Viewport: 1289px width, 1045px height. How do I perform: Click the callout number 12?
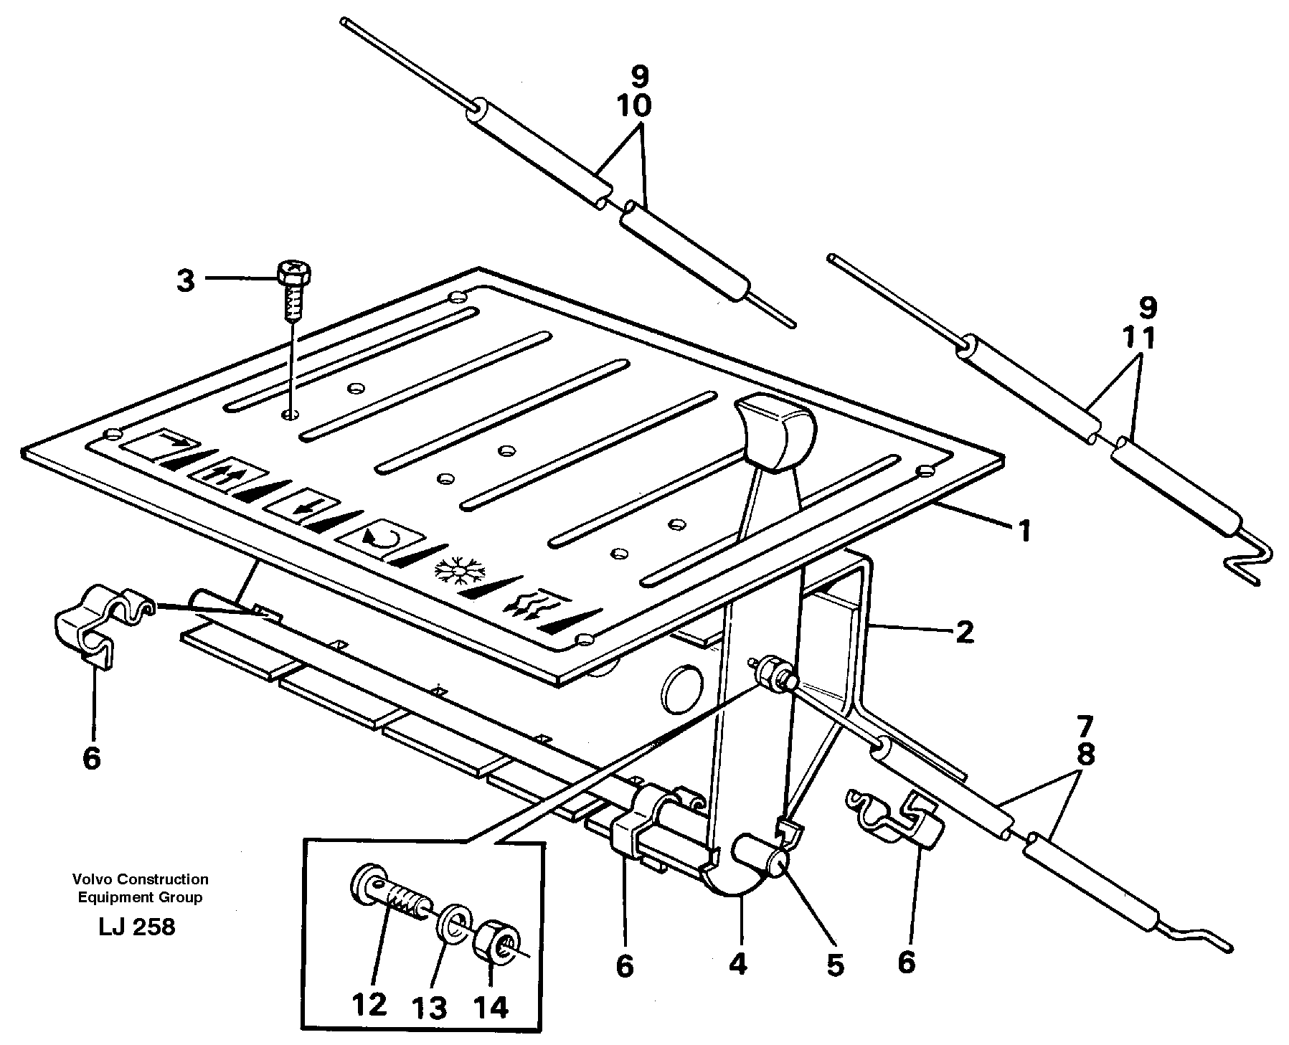[369, 1005]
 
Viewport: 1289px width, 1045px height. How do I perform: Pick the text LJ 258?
[136, 927]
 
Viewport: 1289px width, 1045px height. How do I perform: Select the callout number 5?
[834, 965]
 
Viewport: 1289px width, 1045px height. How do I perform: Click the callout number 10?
[633, 105]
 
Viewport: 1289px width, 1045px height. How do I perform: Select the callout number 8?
[1085, 755]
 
